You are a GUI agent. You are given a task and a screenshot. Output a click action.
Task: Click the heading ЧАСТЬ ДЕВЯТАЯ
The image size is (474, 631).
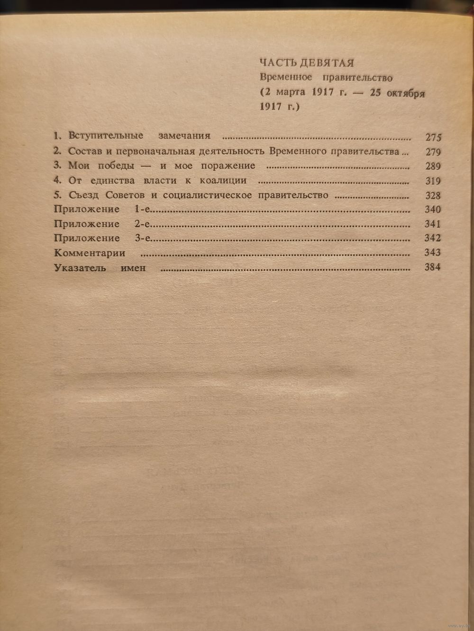tap(307, 62)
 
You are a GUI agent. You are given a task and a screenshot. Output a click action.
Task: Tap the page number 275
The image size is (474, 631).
tap(433, 138)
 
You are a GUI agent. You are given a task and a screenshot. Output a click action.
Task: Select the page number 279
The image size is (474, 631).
tap(433, 152)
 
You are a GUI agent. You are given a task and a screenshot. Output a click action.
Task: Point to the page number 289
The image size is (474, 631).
tap(433, 167)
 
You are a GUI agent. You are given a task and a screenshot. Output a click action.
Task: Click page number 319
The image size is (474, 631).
tap(433, 181)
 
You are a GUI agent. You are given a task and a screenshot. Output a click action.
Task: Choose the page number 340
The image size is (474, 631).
tap(433, 210)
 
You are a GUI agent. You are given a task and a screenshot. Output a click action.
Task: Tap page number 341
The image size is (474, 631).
tap(433, 224)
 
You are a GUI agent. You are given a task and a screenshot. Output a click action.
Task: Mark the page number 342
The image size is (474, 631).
tap(433, 238)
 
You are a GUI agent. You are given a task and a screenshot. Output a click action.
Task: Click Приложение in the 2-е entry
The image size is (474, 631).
tap(87, 224)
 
